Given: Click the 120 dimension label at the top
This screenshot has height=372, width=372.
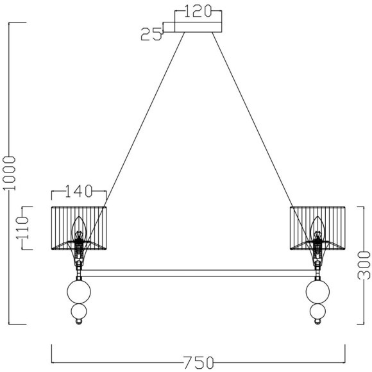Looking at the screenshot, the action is pyautogui.click(x=198, y=11).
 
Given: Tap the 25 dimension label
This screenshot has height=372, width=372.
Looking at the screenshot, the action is pyautogui.click(x=151, y=34).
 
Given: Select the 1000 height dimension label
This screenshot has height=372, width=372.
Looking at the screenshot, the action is pyautogui.click(x=9, y=173).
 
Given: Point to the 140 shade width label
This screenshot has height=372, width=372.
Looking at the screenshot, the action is pyautogui.click(x=78, y=191).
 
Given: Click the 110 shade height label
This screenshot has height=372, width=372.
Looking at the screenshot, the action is pyautogui.click(x=22, y=228).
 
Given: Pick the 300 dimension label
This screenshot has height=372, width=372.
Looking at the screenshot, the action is pyautogui.click(x=364, y=266).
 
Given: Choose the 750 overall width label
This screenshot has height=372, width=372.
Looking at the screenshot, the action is pyautogui.click(x=199, y=362).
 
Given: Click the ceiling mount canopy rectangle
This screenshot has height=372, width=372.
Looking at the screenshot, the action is pyautogui.click(x=198, y=27).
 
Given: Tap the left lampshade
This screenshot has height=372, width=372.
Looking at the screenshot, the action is pyautogui.click(x=79, y=228).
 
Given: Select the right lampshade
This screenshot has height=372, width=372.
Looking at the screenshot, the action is pyautogui.click(x=317, y=228).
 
